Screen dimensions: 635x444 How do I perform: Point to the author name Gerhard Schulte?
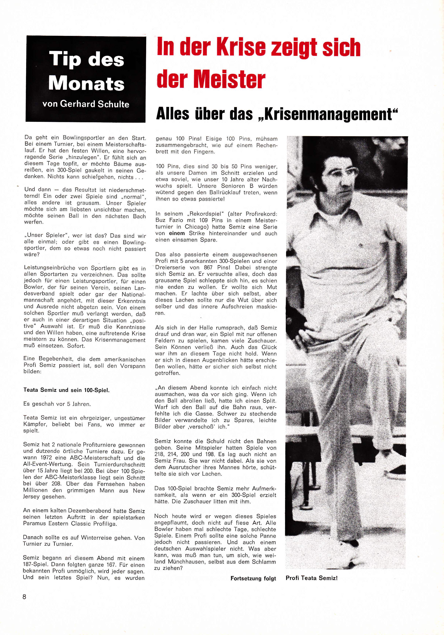point(95,104)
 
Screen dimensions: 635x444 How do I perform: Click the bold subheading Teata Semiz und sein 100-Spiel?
point(67,390)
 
